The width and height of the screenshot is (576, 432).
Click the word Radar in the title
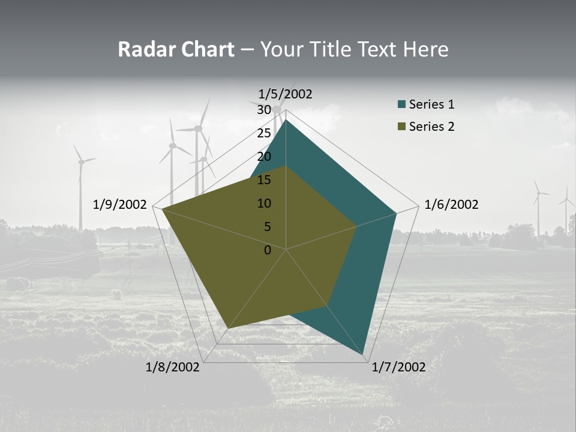(x=141, y=49)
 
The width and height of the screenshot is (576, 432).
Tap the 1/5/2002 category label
(x=285, y=94)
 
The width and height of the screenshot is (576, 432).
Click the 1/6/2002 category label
(x=451, y=205)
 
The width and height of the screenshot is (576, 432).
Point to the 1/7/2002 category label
(x=398, y=367)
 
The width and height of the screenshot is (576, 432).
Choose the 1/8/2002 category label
(x=173, y=367)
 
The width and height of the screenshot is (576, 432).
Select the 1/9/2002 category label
(x=120, y=205)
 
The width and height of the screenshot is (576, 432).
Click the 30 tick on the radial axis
(x=263, y=110)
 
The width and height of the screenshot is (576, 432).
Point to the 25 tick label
(x=263, y=133)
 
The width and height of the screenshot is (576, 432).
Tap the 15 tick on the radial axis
(x=263, y=180)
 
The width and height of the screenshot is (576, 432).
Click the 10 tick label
(x=263, y=203)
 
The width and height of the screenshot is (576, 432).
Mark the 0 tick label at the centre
(x=268, y=250)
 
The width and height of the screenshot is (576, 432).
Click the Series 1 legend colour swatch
(x=401, y=105)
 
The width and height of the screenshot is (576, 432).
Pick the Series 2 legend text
(x=431, y=127)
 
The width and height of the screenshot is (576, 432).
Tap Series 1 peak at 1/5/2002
(x=286, y=120)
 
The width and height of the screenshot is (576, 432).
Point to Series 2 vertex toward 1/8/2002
(x=228, y=328)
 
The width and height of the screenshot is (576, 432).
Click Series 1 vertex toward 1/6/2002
(x=396, y=213)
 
